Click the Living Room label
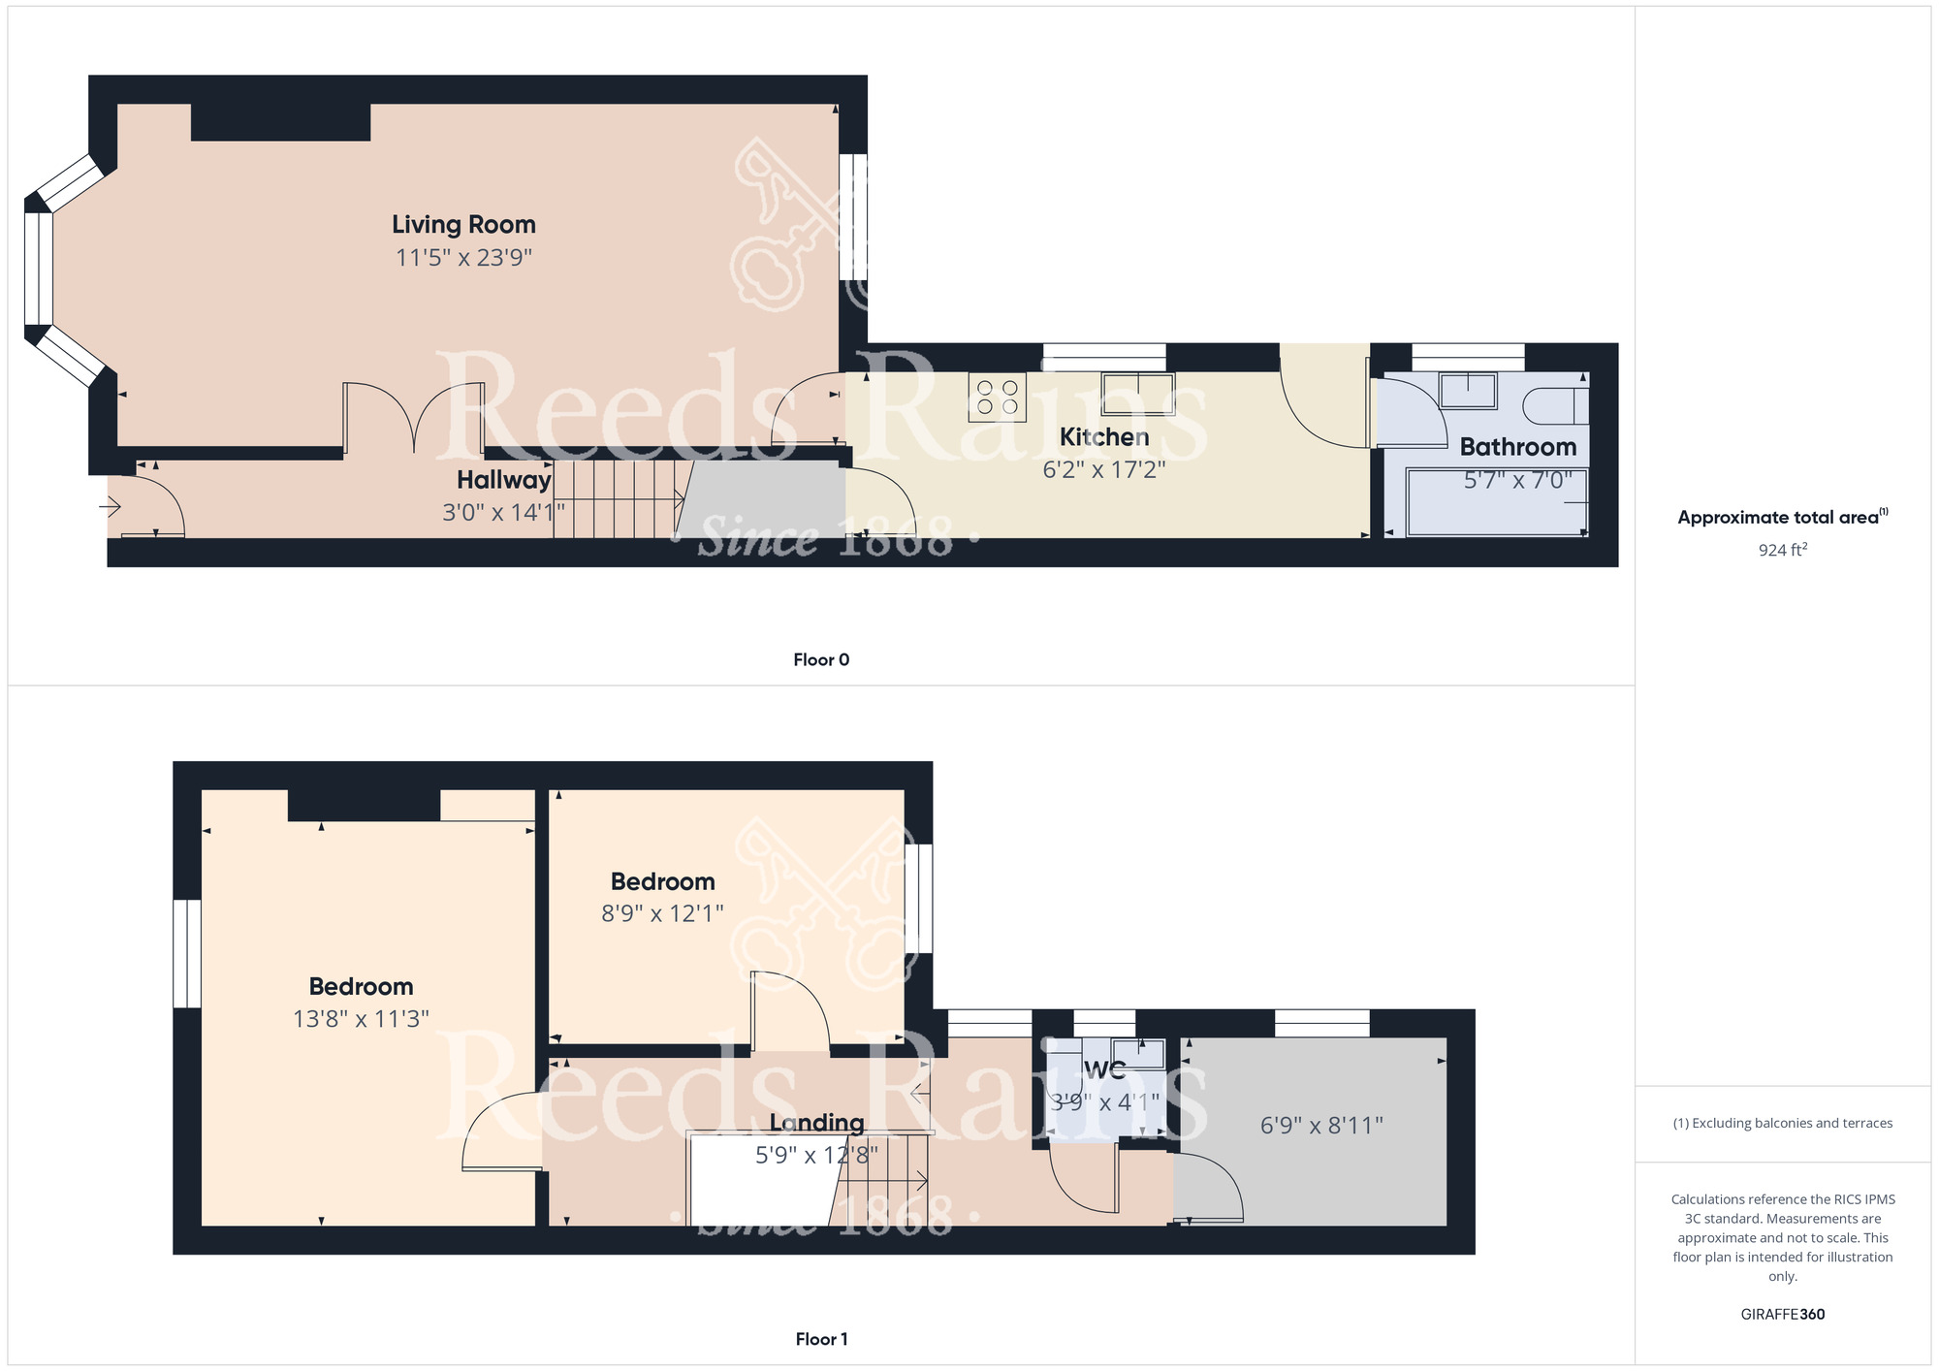(x=463, y=224)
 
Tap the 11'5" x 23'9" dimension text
(x=463, y=257)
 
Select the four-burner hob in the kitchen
(x=997, y=397)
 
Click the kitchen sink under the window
(x=1137, y=394)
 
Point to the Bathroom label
(x=1518, y=447)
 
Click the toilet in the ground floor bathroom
(x=1555, y=406)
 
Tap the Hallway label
(x=504, y=480)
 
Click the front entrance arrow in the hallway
(x=110, y=506)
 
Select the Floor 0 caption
(x=821, y=660)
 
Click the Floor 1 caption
(x=821, y=1339)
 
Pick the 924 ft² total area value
(x=1783, y=550)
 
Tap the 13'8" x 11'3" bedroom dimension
(x=361, y=1019)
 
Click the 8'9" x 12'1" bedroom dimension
(x=662, y=913)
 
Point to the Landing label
(x=817, y=1123)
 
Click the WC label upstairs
(x=1105, y=1070)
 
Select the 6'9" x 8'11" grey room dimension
(x=1321, y=1126)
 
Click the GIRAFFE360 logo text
(x=1783, y=1315)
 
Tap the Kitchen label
(x=1104, y=437)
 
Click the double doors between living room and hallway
(x=414, y=417)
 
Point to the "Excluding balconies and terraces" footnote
(x=1783, y=1123)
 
